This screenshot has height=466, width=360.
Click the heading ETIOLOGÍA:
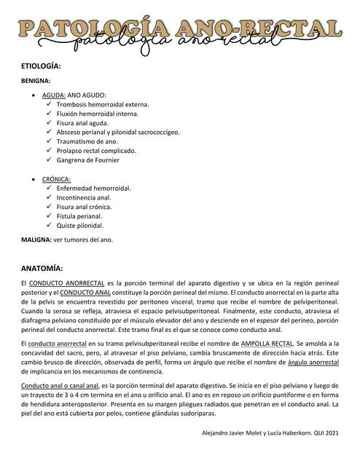pos(41,66)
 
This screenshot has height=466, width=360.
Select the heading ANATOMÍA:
pos(42,267)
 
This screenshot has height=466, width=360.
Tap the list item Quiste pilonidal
pos(80,225)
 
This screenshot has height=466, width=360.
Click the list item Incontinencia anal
pos(84,197)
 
